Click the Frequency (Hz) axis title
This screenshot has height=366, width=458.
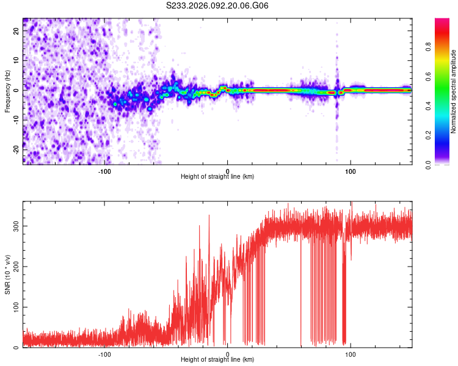(7, 91)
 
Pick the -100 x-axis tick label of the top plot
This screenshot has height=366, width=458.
(104, 171)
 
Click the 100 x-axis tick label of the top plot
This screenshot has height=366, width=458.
(351, 171)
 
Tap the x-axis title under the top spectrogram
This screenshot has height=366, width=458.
(217, 177)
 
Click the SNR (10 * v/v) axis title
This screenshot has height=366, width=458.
(7, 274)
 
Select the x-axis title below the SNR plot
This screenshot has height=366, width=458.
(217, 360)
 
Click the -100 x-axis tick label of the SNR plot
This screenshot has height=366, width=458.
(104, 354)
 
